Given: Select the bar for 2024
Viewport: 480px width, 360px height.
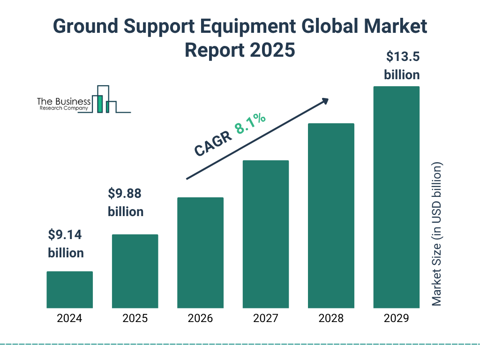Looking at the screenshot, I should [69, 290].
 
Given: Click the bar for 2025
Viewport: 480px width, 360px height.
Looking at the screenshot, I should [135, 271].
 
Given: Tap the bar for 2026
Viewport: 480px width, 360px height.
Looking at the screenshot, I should [200, 253].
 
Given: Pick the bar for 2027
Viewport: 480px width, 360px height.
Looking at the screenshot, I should [265, 234].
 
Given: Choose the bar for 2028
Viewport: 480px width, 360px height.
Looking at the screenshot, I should [331, 216].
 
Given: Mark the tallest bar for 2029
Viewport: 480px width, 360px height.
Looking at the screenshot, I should [396, 197].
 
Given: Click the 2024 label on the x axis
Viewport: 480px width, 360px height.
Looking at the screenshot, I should [69, 319].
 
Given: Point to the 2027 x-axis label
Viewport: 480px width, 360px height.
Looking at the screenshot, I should [265, 319].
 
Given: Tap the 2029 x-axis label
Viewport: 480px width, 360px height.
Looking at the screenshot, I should [396, 319].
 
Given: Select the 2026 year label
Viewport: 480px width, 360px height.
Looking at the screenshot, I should [200, 319].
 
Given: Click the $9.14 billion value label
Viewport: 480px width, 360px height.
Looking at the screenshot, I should [66, 244].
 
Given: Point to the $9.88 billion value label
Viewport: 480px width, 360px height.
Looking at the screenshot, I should [126, 202].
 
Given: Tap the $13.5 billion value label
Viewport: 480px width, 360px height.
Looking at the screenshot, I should [402, 66].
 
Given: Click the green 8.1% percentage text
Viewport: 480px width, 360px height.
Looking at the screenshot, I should [250, 123].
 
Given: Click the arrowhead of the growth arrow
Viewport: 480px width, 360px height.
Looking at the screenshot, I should [324, 100].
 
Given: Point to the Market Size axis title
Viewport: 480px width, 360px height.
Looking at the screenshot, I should [437, 234].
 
